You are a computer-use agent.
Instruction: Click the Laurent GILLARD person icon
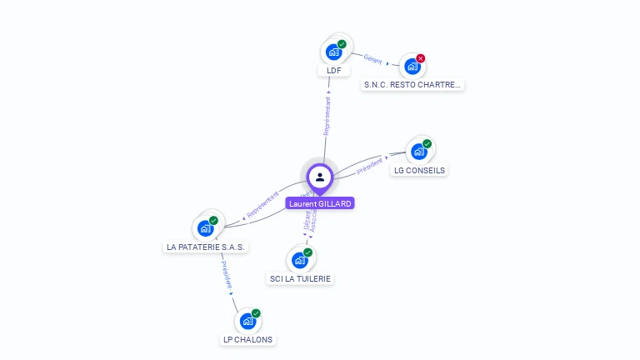(x=320, y=177)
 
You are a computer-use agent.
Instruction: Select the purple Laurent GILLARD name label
(x=320, y=203)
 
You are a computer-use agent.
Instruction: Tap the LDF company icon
(x=334, y=52)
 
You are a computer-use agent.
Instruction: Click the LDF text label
(x=334, y=71)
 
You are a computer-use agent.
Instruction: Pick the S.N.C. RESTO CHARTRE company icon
(x=412, y=66)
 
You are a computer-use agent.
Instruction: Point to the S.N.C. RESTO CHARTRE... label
(x=412, y=84)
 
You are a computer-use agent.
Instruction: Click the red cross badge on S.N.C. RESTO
(x=421, y=58)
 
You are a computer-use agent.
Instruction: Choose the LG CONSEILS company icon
(x=419, y=152)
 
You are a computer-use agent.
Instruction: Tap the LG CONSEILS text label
(x=419, y=171)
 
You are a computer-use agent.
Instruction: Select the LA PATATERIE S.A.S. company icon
(x=206, y=228)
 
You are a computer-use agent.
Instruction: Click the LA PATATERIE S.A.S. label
(x=207, y=247)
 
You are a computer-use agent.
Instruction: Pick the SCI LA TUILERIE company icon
(x=300, y=260)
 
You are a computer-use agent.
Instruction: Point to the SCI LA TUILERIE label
(x=301, y=278)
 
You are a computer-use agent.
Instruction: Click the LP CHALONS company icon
(x=247, y=321)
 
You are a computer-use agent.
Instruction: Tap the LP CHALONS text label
(x=247, y=339)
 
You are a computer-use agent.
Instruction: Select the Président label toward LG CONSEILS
(x=369, y=165)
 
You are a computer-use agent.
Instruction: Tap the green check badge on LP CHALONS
(x=256, y=313)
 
